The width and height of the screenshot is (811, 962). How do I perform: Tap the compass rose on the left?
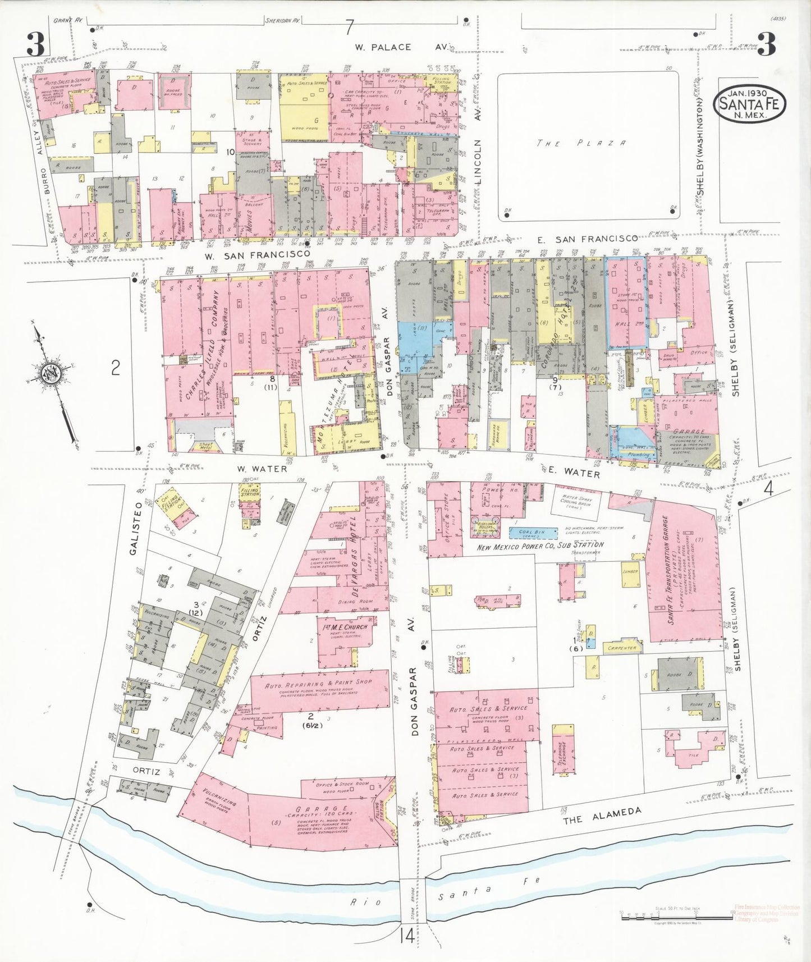(x=52, y=374)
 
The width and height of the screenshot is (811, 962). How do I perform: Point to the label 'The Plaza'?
(x=581, y=144)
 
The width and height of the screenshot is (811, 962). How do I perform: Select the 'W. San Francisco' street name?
(x=257, y=255)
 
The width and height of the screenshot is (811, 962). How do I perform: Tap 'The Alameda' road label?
(x=602, y=815)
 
